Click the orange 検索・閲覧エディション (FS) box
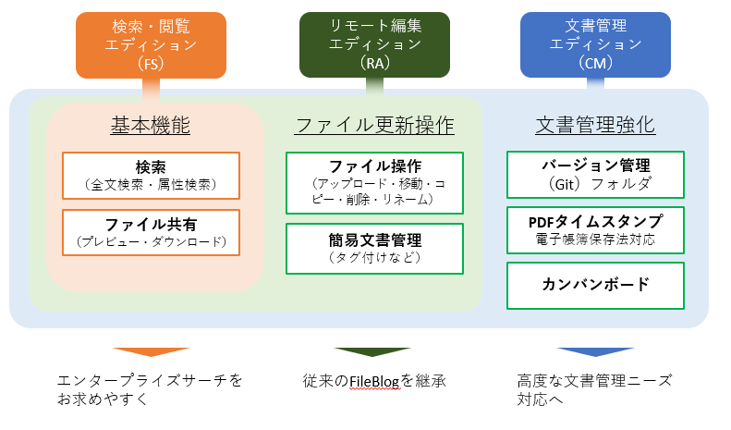click(x=151, y=45)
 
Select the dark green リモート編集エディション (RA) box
click(x=374, y=44)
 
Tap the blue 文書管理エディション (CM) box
click(x=595, y=44)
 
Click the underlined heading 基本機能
click(x=150, y=126)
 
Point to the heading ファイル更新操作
click(x=374, y=126)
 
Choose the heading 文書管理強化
click(x=595, y=125)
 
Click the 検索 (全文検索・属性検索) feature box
click(x=151, y=176)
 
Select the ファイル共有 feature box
click(x=151, y=233)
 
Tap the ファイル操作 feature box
click(x=374, y=183)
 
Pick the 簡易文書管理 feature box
click(x=374, y=249)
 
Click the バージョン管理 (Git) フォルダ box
click(x=595, y=175)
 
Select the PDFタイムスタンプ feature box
click(x=595, y=230)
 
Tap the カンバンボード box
click(x=595, y=286)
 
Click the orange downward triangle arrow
click(x=151, y=351)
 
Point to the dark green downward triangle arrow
click(x=372, y=351)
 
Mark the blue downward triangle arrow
click(x=595, y=351)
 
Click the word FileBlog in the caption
click(x=374, y=382)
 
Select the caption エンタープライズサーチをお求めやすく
click(x=150, y=390)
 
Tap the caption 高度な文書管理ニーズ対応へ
click(x=594, y=390)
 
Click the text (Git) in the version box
click(x=564, y=184)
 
